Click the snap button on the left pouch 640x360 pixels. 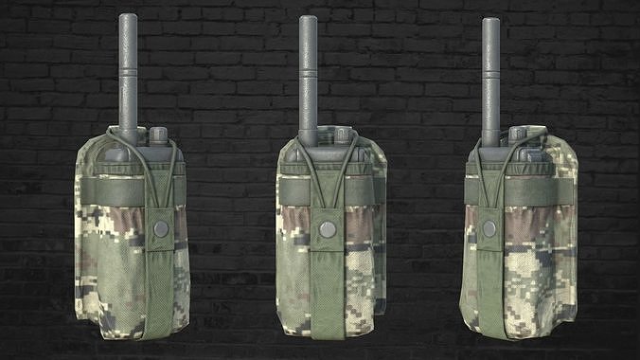[x=161, y=228]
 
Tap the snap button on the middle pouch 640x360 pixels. [x=327, y=228]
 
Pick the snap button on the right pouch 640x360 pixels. [x=489, y=228]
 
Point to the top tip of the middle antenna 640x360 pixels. [x=308, y=18]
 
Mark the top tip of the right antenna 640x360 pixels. [x=490, y=21]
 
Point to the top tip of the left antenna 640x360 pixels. [x=129, y=16]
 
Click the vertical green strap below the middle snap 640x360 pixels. [x=328, y=294]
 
